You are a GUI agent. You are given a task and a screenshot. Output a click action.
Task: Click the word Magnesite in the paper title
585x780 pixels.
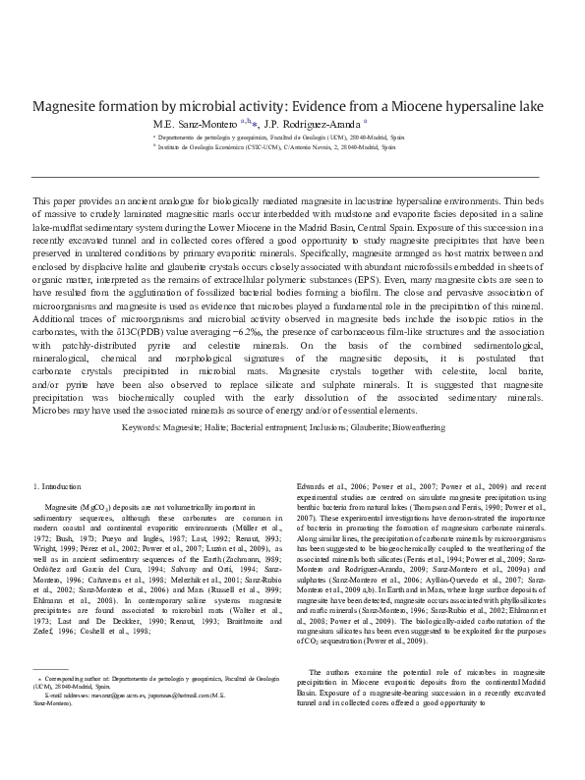point(68,107)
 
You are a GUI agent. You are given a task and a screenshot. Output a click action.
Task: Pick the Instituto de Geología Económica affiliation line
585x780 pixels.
point(275,149)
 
